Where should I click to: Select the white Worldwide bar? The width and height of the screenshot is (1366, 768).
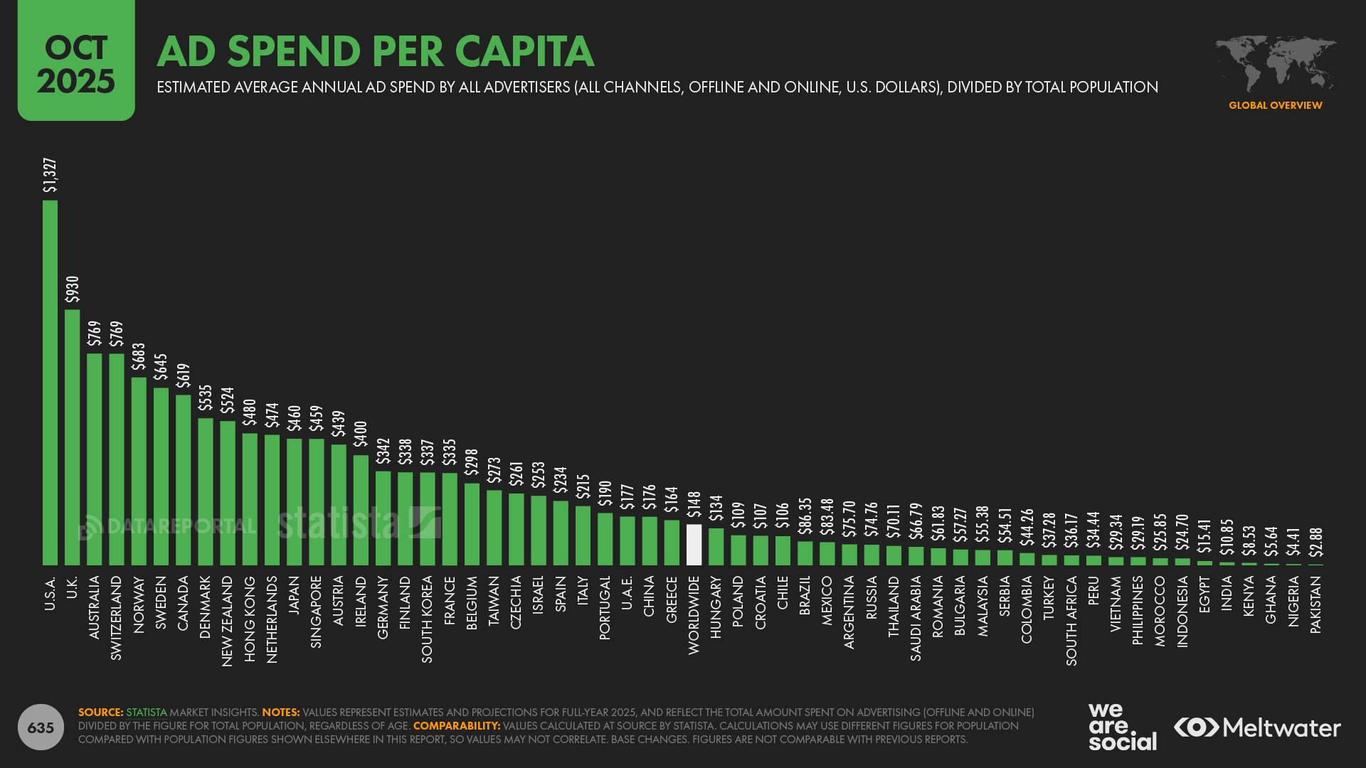pyautogui.click(x=694, y=545)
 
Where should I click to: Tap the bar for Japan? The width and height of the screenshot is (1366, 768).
pyautogui.click(x=294, y=501)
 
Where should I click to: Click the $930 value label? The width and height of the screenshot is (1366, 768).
pyautogui.click(x=72, y=289)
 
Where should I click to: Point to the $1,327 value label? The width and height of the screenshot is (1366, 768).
pyautogui.click(x=50, y=175)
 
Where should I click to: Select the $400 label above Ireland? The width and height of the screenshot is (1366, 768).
pyautogui.click(x=361, y=434)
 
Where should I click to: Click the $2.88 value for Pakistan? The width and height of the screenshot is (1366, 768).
pyautogui.click(x=1316, y=542)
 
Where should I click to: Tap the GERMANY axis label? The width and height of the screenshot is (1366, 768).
pyautogui.click(x=383, y=607)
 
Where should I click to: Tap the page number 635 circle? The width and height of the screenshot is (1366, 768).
pyautogui.click(x=41, y=727)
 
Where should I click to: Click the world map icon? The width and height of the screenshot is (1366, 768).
pyautogui.click(x=1275, y=63)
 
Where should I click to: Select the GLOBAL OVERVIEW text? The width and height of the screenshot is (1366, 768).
pyautogui.click(x=1275, y=105)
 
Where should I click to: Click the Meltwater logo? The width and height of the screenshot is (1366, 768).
pyautogui.click(x=1257, y=727)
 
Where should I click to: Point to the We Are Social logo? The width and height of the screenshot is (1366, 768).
pyautogui.click(x=1122, y=727)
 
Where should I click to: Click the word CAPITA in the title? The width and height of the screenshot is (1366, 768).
pyautogui.click(x=524, y=51)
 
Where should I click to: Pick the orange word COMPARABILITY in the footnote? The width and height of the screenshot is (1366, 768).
pyautogui.click(x=456, y=726)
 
